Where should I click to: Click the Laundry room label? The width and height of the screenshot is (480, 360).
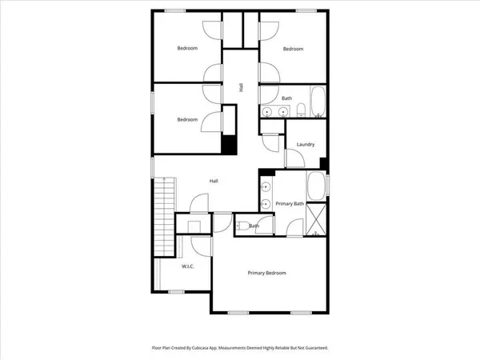[x=305, y=145]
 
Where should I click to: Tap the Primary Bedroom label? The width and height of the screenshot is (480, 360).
[x=266, y=274]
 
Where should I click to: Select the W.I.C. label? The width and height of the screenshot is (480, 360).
[x=188, y=266]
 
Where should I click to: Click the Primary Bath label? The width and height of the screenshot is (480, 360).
[x=290, y=205]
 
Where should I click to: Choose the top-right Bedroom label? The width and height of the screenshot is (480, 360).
[x=293, y=49]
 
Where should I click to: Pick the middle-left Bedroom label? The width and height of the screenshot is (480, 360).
[x=187, y=119]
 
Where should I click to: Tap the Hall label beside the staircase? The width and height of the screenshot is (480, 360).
[x=214, y=181]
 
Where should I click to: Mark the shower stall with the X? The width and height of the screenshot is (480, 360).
[x=318, y=218]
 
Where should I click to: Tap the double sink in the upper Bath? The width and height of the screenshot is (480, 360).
[x=276, y=111]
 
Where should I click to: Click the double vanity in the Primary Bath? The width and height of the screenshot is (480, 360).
[x=265, y=196]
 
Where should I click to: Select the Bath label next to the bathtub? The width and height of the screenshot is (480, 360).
[x=286, y=98]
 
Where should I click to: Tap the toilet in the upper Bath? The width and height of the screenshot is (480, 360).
[x=318, y=117]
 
